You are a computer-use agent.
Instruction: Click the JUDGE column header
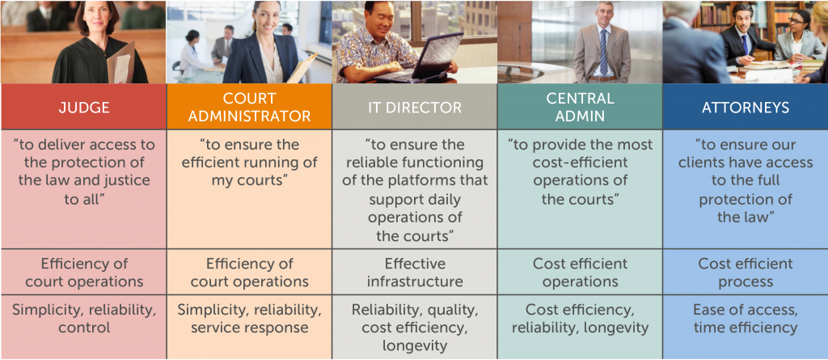[83, 108]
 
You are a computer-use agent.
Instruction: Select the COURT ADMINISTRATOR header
[249, 108]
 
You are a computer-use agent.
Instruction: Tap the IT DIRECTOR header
[415, 108]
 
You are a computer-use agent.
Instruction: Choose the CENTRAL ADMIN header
[580, 108]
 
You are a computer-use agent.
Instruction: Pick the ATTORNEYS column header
[745, 108]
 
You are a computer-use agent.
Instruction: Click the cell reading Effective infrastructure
[415, 273]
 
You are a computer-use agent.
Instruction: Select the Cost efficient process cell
[745, 273]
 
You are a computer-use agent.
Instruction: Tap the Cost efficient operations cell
[580, 273]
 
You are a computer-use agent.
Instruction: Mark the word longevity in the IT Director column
[415, 346]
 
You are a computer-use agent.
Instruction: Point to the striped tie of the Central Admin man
[603, 52]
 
